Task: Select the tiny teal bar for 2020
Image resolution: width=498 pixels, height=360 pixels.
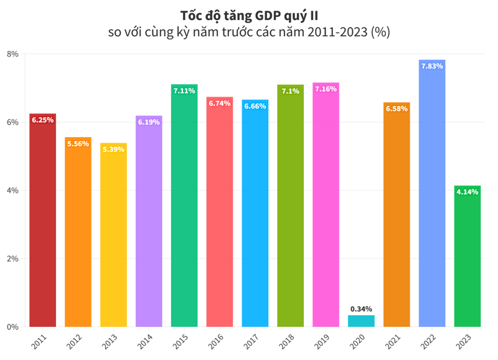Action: [x=361, y=321]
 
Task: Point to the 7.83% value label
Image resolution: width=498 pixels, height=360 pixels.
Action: [x=432, y=66]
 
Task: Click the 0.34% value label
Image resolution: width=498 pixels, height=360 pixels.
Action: [x=361, y=309]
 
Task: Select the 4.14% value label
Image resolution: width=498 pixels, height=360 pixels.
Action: [x=467, y=192]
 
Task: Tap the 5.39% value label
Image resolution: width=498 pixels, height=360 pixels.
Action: [x=113, y=149]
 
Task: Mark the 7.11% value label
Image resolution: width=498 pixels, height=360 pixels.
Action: [x=184, y=91]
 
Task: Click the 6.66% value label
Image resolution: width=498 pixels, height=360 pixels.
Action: [x=255, y=106]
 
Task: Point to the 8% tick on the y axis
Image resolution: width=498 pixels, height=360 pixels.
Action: [x=12, y=54]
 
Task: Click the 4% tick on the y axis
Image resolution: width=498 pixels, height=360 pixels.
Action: [x=12, y=191]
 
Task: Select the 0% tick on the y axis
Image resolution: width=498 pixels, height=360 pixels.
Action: [x=12, y=327]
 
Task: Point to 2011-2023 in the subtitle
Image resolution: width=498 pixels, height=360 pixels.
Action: [x=336, y=32]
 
